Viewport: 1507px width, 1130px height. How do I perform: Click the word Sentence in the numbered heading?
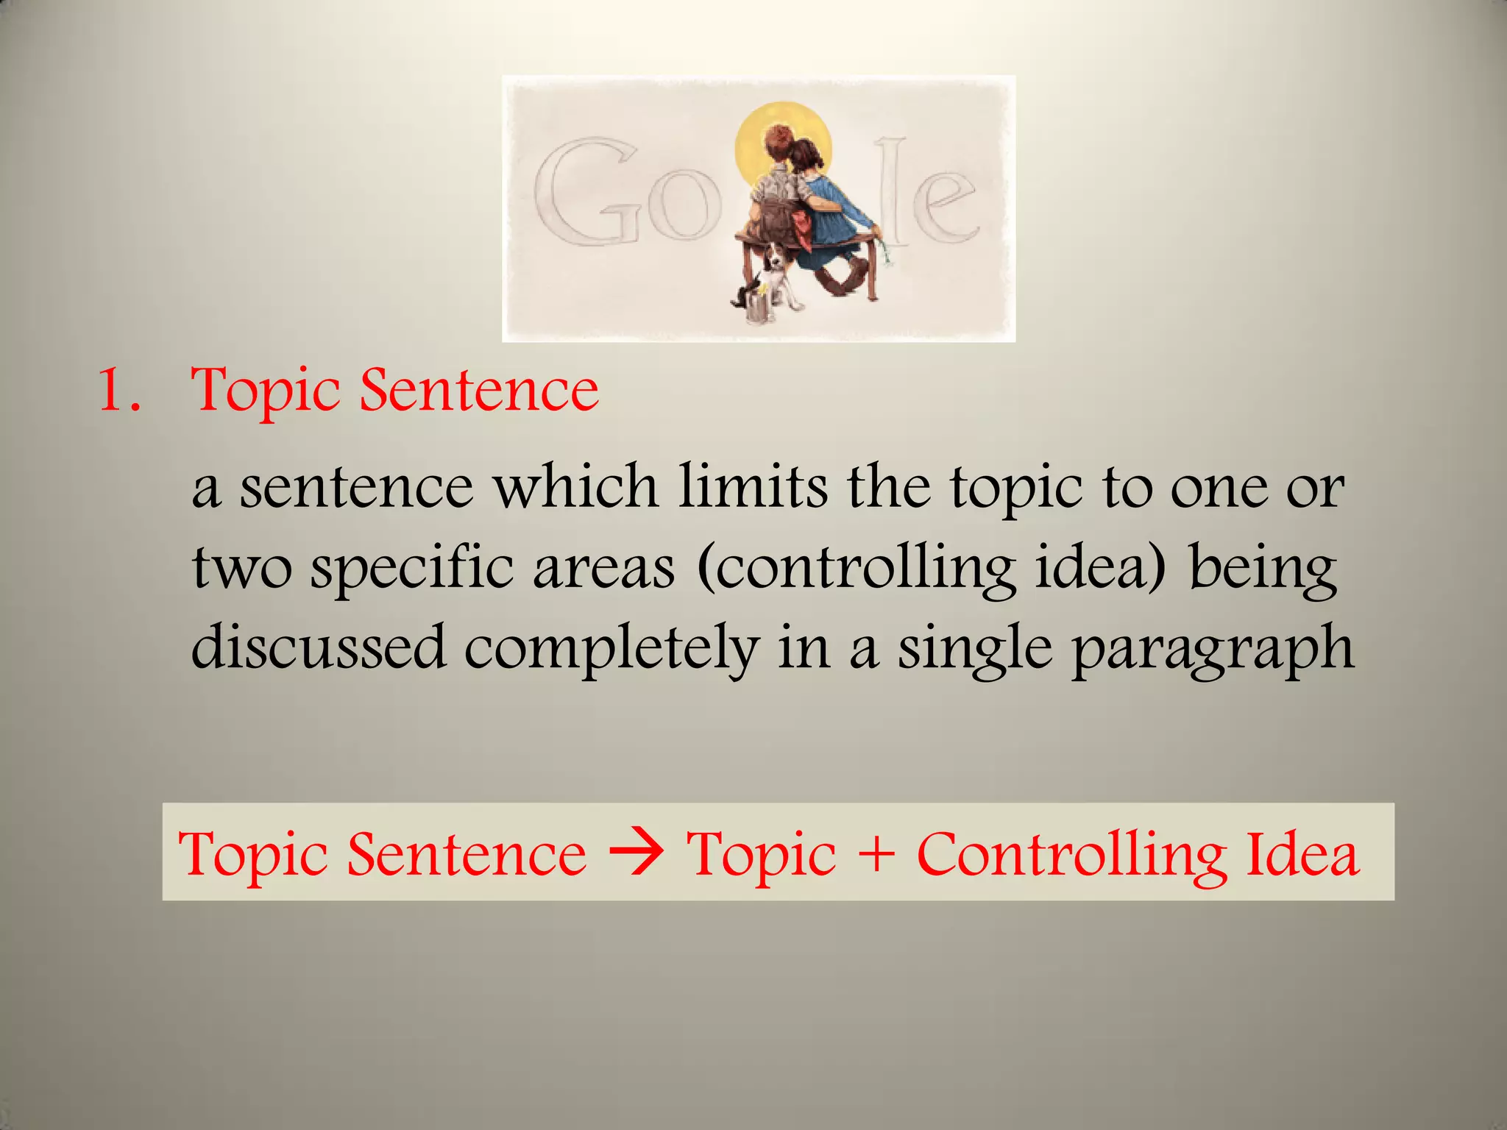(x=479, y=390)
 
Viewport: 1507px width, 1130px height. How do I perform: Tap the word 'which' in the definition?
(x=575, y=487)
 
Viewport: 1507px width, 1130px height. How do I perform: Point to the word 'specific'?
(x=411, y=569)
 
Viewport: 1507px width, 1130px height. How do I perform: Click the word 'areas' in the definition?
(x=603, y=569)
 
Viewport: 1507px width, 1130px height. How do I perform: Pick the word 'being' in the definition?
(x=1263, y=569)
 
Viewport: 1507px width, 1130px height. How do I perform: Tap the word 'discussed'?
(x=319, y=647)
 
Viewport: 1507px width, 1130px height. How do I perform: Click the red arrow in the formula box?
(x=637, y=853)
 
